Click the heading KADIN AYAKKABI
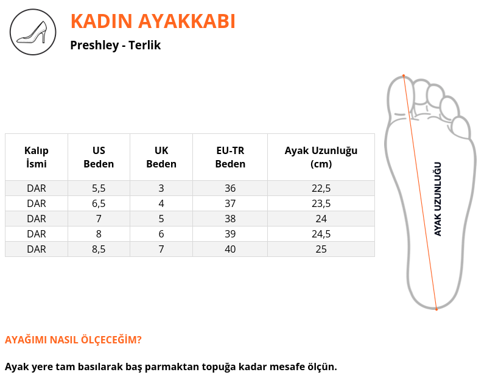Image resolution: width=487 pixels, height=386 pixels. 153,21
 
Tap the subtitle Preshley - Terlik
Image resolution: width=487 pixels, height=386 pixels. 115,45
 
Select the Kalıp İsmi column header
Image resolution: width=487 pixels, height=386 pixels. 37,157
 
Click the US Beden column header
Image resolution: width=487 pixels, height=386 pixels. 99,157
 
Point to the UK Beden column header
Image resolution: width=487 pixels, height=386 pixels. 161,157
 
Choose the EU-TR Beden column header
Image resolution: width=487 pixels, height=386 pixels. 230,157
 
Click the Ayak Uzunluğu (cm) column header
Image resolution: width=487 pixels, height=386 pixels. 321,157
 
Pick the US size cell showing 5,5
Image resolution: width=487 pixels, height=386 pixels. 99,188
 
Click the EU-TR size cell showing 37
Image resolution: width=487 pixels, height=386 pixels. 230,203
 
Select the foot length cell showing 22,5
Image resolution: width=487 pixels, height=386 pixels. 321,188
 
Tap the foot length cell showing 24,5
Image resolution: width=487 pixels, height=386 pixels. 321,234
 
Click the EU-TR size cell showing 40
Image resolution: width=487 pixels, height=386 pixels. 230,249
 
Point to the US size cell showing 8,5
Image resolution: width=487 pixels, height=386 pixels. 99,249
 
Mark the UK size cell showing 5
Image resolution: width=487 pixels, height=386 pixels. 161,219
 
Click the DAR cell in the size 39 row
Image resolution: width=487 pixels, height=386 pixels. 37,234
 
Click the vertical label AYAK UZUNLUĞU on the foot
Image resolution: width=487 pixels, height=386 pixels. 438,199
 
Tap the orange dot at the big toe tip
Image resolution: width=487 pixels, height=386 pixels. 404,75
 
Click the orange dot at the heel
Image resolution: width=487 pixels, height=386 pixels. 436,309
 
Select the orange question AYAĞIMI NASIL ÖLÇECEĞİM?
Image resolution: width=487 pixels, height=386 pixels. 73,340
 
